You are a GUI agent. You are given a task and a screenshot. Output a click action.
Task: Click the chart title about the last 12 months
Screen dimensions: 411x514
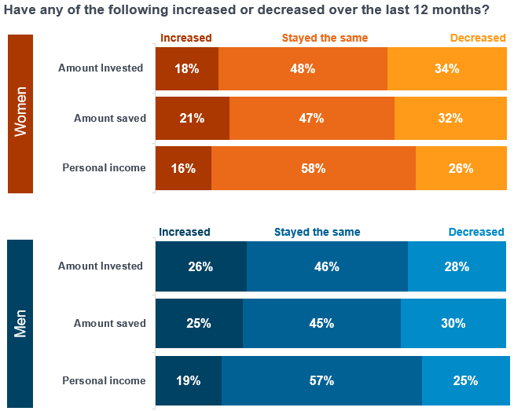click(248, 10)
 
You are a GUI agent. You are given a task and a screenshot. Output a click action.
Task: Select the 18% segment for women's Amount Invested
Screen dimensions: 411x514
click(187, 68)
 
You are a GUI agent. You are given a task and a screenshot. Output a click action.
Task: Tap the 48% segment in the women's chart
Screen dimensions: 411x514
click(303, 68)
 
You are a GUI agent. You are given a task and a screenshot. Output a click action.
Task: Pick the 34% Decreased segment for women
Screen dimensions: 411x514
click(446, 68)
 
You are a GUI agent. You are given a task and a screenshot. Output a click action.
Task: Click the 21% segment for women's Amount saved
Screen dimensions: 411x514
click(193, 118)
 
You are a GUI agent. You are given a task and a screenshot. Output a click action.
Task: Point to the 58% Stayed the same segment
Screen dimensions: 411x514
click(313, 167)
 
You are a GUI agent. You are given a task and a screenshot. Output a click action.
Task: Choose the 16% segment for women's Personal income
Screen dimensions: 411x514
click(183, 167)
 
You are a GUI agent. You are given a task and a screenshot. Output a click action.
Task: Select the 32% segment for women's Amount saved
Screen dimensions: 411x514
click(450, 118)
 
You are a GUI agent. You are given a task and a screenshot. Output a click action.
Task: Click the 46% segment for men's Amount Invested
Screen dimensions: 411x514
click(327, 266)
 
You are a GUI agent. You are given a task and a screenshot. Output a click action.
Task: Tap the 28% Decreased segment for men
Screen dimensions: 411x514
click(457, 266)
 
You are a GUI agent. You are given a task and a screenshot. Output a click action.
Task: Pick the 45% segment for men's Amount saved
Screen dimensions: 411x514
click(321, 323)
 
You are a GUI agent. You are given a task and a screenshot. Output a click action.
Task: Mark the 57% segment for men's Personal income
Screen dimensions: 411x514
click(321, 380)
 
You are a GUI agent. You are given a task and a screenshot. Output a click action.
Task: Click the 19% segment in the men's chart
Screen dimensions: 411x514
click(189, 380)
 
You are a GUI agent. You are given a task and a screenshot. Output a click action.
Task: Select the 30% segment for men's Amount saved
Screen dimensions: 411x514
click(453, 323)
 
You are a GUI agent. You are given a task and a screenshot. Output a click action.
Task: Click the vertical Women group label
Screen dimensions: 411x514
click(20, 113)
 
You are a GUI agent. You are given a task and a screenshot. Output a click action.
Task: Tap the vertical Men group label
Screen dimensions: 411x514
click(20, 323)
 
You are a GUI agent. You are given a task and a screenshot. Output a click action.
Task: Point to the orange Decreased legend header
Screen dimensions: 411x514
click(477, 38)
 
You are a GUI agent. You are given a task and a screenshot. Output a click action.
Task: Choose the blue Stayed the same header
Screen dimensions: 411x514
click(317, 232)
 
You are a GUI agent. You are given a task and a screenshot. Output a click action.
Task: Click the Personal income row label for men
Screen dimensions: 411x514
click(104, 380)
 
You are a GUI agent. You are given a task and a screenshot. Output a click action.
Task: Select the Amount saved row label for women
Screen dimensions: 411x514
click(109, 118)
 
